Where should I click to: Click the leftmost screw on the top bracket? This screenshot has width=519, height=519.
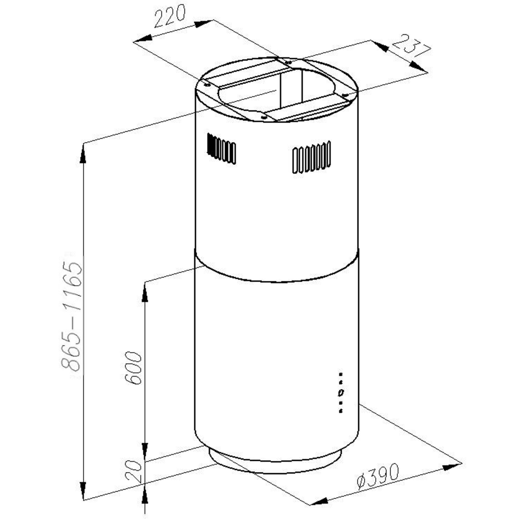[x=207, y=85]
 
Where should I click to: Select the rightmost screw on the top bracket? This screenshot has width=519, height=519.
[x=345, y=95]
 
